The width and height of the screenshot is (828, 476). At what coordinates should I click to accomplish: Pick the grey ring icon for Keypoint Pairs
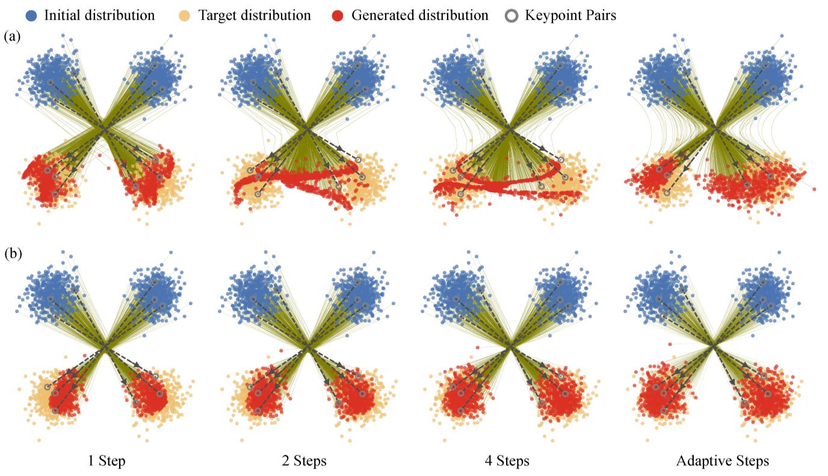click(511, 16)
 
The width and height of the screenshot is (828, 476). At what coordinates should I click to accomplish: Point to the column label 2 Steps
click(306, 462)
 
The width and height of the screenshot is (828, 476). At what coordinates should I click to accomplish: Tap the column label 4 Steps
click(507, 462)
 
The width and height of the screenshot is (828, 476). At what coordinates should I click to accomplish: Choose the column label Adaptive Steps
click(722, 462)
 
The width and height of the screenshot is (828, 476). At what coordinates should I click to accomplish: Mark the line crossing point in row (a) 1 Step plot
click(105, 128)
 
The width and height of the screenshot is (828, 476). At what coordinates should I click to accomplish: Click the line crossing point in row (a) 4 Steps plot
click(510, 128)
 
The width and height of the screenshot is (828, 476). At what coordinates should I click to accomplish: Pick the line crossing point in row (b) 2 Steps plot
click(307, 347)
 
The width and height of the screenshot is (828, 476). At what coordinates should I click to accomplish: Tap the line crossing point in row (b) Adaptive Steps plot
click(713, 346)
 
